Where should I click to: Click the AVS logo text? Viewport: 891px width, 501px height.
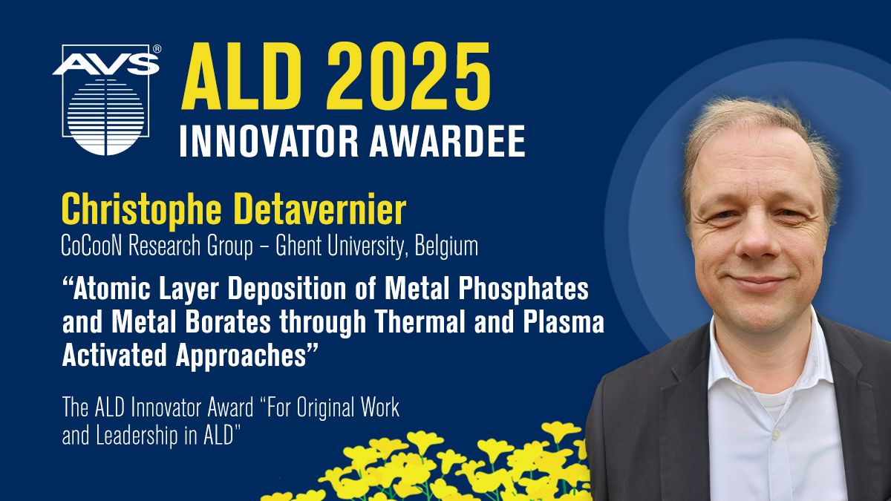pos(105,64)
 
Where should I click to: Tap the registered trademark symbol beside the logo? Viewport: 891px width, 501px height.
pos(157,49)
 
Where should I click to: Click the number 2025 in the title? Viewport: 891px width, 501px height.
pos(409,76)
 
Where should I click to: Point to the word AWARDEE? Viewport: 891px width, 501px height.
pos(448,142)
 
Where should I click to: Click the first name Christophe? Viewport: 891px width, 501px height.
pos(141,209)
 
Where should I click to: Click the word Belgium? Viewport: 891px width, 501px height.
pos(446,247)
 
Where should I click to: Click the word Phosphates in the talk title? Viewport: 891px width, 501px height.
pos(523,289)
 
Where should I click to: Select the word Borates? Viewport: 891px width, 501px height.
pos(228,322)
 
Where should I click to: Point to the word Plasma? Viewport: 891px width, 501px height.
pos(564,322)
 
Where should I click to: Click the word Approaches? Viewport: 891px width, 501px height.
pos(241,356)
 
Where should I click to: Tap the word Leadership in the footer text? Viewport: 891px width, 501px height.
pos(137,436)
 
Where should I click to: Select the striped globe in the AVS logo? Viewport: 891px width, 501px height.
pos(105,116)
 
